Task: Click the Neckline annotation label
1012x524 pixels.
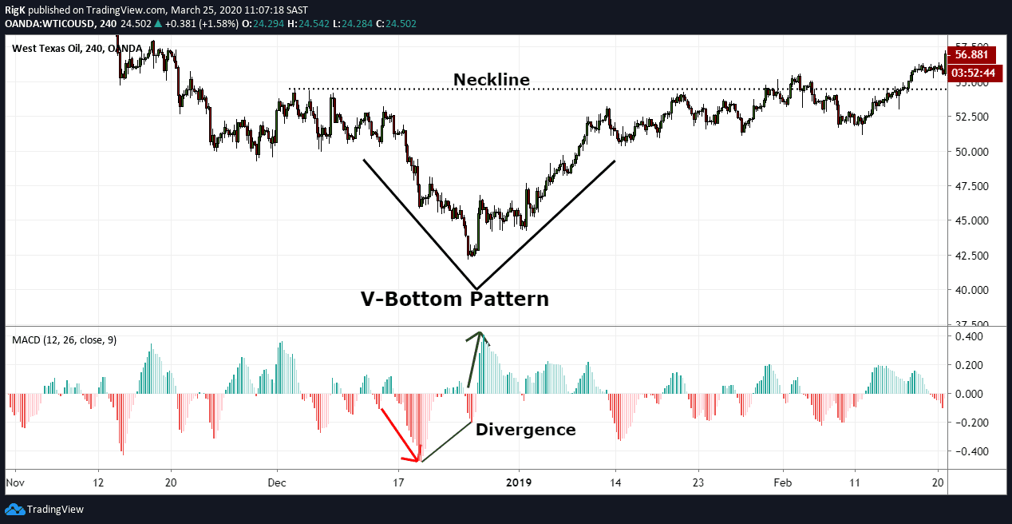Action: coord(491,80)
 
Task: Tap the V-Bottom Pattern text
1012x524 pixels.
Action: coord(455,300)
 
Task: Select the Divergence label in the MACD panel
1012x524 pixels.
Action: coord(525,430)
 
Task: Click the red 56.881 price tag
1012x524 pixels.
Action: coord(974,54)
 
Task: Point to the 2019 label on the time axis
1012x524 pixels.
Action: coord(519,482)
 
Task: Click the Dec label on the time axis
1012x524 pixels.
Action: coord(277,482)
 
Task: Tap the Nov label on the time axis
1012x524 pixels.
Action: coord(14,482)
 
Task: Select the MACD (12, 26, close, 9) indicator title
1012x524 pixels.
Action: coord(64,340)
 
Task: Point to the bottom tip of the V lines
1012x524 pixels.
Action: coord(476,288)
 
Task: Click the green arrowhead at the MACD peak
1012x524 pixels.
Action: coord(480,335)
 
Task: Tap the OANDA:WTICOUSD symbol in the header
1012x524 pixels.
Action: coord(49,23)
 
